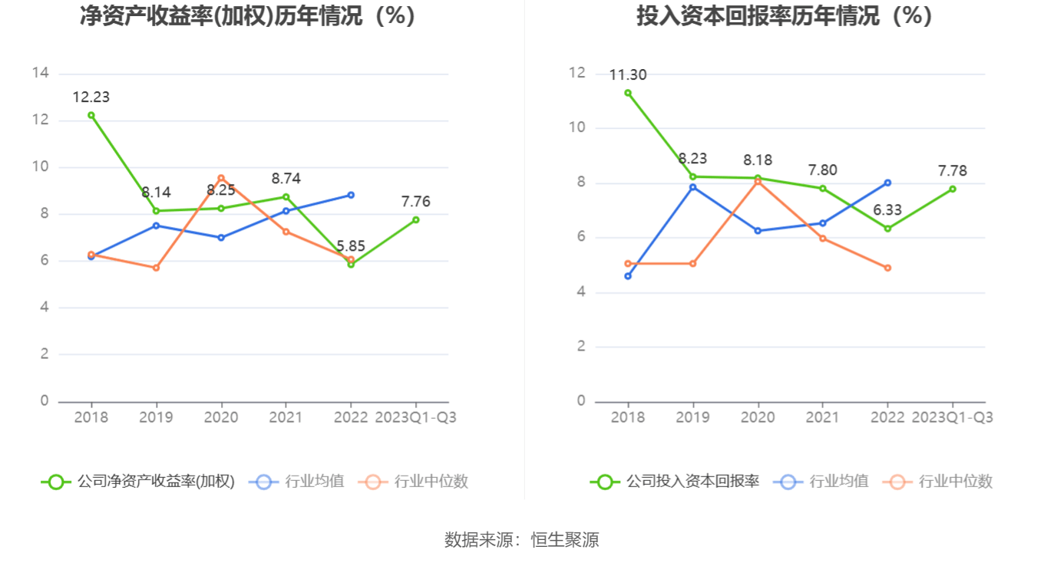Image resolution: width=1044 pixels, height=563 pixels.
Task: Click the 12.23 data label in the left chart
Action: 91,97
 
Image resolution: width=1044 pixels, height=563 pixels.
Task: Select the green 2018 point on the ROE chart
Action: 91,115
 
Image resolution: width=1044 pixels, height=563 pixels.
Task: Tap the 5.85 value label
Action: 350,246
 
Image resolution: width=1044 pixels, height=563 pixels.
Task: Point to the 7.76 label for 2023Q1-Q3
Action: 415,202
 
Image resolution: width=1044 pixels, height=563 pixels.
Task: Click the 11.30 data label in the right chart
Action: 628,75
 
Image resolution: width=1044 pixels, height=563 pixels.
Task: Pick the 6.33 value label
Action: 887,210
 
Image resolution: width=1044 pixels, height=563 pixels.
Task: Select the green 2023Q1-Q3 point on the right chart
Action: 953,189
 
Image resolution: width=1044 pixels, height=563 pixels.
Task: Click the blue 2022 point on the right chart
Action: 887,183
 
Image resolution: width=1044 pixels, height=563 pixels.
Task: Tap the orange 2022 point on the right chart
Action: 887,268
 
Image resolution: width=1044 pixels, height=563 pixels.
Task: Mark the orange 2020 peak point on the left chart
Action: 221,178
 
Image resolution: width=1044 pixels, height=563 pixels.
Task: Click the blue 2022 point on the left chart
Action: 351,195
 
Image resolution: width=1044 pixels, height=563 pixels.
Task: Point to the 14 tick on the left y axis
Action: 41,73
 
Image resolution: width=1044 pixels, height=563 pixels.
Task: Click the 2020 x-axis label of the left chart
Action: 221,417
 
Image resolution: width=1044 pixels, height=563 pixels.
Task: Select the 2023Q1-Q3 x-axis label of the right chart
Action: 952,417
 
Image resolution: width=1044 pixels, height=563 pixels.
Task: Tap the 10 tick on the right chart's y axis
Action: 577,127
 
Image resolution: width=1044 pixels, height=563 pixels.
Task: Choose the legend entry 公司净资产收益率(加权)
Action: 138,482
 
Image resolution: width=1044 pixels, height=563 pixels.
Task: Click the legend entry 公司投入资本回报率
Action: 676,482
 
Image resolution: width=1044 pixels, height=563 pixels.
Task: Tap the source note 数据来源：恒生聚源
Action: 522,540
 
